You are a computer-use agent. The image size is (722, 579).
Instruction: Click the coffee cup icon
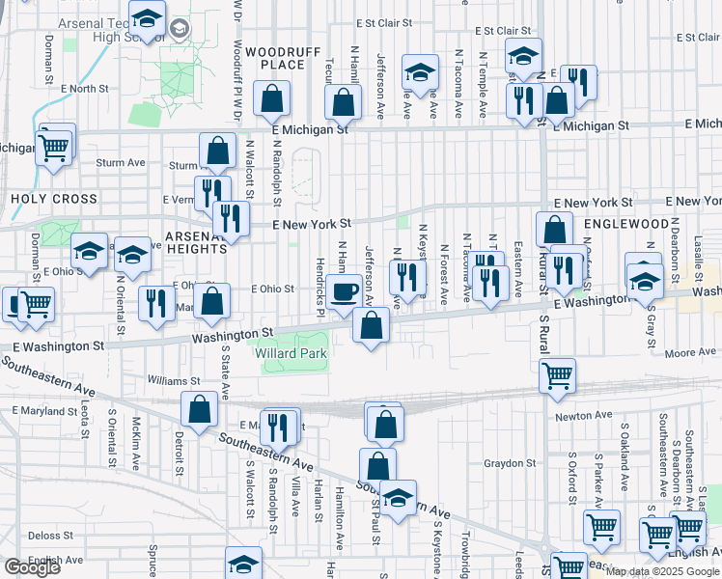(343, 291)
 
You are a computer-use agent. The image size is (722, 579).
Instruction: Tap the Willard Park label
(292, 354)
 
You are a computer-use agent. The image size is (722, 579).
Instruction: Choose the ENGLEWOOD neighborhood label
(625, 224)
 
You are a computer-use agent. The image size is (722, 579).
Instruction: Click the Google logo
(32, 567)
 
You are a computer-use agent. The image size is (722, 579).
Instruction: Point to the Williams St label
(174, 380)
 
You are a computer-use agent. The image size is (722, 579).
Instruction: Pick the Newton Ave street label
(583, 416)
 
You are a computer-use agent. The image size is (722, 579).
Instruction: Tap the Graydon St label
(503, 463)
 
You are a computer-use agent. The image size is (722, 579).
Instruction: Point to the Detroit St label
(180, 454)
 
